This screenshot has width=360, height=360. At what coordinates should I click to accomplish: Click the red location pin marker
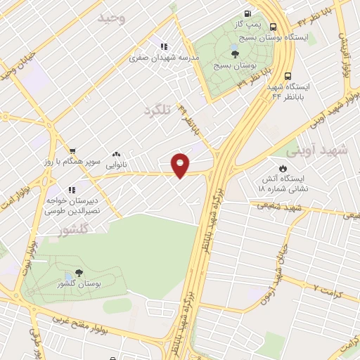(181, 165)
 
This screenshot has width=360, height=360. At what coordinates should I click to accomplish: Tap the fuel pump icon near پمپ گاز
(247, 13)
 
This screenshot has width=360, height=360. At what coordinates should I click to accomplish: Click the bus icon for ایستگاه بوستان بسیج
(272, 27)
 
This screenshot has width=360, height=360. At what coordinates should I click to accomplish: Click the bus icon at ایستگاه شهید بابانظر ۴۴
(287, 76)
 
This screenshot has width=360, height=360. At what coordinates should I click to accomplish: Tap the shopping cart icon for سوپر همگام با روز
(72, 150)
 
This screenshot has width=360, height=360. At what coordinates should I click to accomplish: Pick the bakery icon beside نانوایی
(116, 154)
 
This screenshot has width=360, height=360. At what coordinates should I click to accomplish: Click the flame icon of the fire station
(283, 168)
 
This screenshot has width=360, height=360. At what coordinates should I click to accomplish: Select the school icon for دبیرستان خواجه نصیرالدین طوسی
(71, 190)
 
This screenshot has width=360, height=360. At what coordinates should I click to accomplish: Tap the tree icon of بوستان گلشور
(77, 272)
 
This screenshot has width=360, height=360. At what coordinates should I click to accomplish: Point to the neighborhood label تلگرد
(157, 110)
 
